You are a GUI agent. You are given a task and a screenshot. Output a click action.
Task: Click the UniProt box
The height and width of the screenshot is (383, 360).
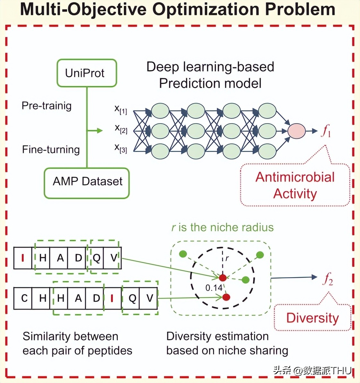pos(87,73)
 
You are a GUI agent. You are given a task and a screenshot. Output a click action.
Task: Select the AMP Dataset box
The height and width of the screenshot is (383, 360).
pos(87,183)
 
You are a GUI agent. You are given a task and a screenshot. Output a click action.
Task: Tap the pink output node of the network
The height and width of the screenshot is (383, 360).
pos(296,131)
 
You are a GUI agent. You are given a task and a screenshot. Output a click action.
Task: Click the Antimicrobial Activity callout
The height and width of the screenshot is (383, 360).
pos(295,185)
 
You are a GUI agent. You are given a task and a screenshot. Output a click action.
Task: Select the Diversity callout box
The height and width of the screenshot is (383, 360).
pos(312,318)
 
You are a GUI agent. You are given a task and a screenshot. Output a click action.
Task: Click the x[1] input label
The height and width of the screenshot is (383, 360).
pos(121,109)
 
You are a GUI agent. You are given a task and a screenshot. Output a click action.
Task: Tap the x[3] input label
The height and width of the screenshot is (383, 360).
pos(121,148)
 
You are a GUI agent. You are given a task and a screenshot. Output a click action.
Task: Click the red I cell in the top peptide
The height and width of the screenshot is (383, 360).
pos(23,258)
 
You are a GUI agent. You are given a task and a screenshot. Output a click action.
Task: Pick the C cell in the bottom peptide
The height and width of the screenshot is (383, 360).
pos(24,298)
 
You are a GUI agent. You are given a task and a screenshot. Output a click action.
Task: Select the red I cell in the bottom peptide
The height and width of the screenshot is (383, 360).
pos(112,298)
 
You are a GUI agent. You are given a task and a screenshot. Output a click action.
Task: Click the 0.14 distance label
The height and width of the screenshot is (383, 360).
pos(214,288)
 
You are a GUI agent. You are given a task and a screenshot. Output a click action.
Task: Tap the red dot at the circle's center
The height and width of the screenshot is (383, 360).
pos(222,277)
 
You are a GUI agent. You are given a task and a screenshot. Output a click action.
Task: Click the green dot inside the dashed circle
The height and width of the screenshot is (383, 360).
pos(245,280)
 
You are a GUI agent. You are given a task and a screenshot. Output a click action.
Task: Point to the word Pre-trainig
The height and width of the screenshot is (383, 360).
pos(47,106)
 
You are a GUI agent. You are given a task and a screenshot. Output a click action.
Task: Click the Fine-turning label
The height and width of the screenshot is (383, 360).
pos(51,149)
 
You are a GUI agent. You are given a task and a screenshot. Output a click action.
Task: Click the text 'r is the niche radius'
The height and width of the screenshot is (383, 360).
pos(222,227)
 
